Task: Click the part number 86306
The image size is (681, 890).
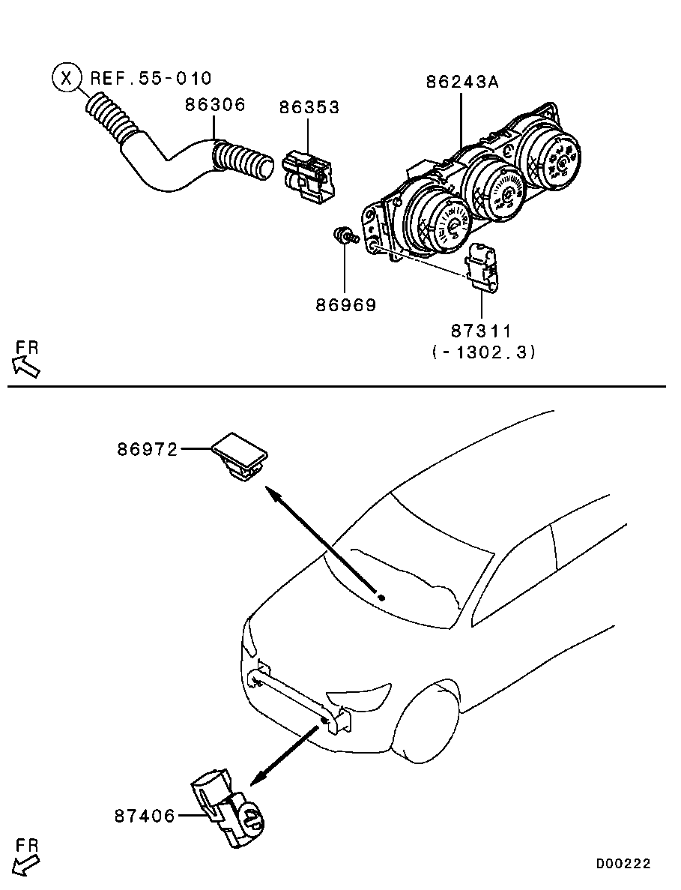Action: click(215, 105)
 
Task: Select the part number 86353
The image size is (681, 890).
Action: click(309, 107)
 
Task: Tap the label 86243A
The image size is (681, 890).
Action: click(462, 82)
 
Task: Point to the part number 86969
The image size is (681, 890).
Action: click(345, 305)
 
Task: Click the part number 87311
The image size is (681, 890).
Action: click(481, 330)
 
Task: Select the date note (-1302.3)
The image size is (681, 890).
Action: click(484, 351)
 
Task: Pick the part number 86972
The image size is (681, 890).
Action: click(147, 449)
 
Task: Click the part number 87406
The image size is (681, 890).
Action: click(145, 815)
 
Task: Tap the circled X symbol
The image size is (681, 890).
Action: click(67, 77)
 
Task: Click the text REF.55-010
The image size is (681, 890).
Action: click(151, 77)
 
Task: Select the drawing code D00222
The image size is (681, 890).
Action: click(623, 864)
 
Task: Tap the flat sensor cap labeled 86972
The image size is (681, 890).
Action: click(240, 456)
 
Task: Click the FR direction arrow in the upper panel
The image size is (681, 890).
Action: click(26, 363)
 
